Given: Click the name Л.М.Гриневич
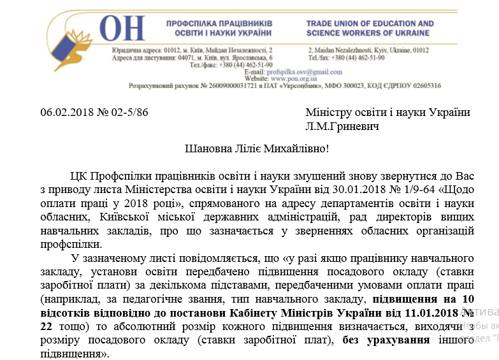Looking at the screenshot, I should pos(342,127).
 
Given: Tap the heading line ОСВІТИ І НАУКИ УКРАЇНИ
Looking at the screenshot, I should pos(219,32).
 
